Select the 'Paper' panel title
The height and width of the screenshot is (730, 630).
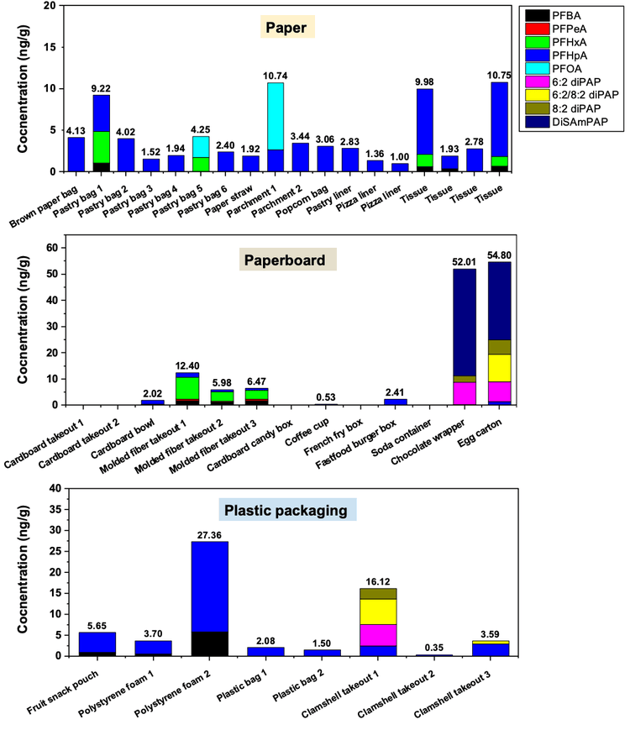288,29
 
